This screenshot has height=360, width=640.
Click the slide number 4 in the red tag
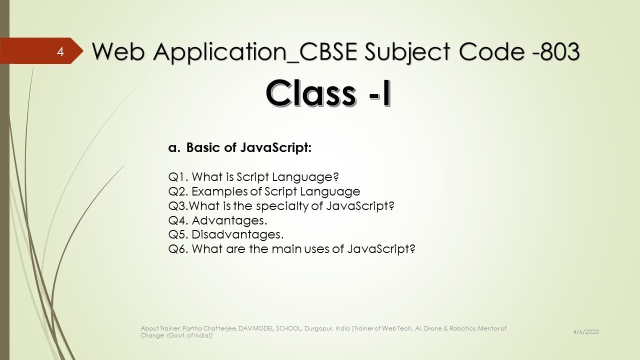pos(60,51)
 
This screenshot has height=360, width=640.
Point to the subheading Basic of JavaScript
pos(248,148)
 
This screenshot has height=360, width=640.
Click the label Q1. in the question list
pos(178,177)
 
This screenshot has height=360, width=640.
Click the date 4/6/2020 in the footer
pos(586,332)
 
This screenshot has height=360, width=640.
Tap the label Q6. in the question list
pos(178,249)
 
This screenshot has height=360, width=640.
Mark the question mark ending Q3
pos(391,206)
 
